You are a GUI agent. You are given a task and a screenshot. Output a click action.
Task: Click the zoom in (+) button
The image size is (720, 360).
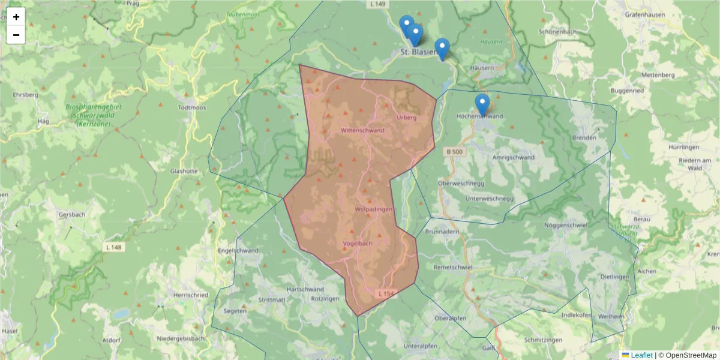(x=16, y=17)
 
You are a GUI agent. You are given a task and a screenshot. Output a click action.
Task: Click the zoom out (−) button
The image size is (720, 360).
(x=16, y=35)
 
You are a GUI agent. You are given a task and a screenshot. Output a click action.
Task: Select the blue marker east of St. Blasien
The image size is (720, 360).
(x=442, y=48)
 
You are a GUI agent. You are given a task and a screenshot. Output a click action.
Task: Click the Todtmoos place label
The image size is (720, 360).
(x=191, y=108)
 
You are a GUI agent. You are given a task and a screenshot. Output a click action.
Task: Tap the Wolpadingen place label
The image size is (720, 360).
(x=373, y=209)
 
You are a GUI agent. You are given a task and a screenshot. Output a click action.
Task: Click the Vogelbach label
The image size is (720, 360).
(x=358, y=244)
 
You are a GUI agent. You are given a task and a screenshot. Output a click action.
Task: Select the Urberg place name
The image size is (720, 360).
(x=406, y=118)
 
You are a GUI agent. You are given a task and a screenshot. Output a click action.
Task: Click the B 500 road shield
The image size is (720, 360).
(x=454, y=152)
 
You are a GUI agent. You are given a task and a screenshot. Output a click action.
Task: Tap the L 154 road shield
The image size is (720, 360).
(x=386, y=293)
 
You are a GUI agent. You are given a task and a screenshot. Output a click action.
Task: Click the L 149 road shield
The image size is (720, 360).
(x=377, y=4)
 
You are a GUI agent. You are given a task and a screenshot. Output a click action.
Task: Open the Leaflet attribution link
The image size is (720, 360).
(x=641, y=355)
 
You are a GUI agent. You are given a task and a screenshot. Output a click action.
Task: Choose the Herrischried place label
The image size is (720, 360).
(x=190, y=295)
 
